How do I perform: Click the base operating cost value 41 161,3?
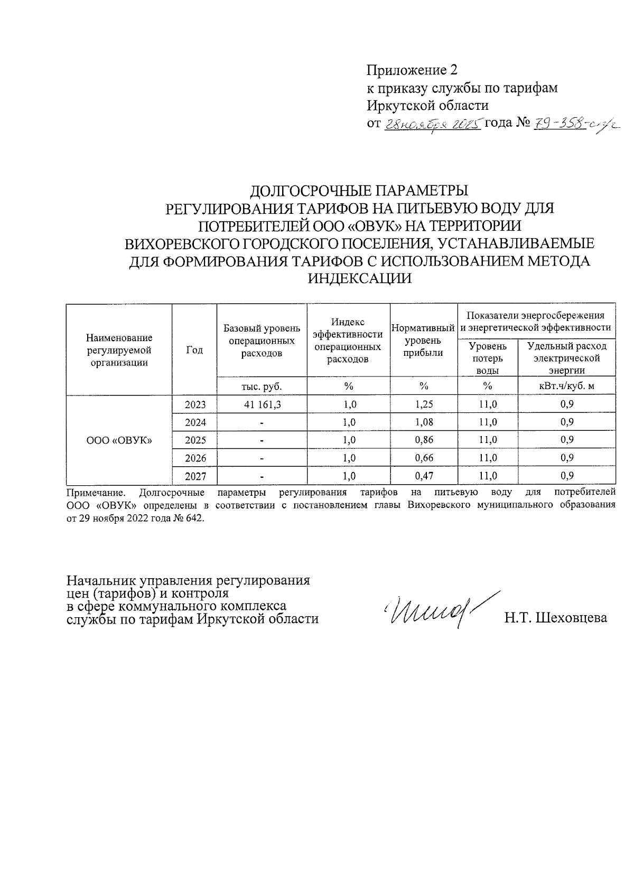pos(262,404)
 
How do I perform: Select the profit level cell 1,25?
pos(424,404)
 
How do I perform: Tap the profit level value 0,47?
pos(424,476)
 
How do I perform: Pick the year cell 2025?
pos(195,440)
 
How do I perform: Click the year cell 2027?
pos(195,476)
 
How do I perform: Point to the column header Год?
pos(194,350)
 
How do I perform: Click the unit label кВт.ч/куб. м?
pos(567,386)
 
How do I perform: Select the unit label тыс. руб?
pos(262,386)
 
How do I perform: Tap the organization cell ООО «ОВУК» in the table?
pos(119,440)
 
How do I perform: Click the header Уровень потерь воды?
pos(487,358)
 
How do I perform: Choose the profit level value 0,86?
pos(424,440)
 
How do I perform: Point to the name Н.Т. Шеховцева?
pos(555,618)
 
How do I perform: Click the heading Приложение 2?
pos(412,70)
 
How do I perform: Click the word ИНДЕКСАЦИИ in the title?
pos(359,279)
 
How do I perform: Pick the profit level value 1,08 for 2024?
pos(424,422)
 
